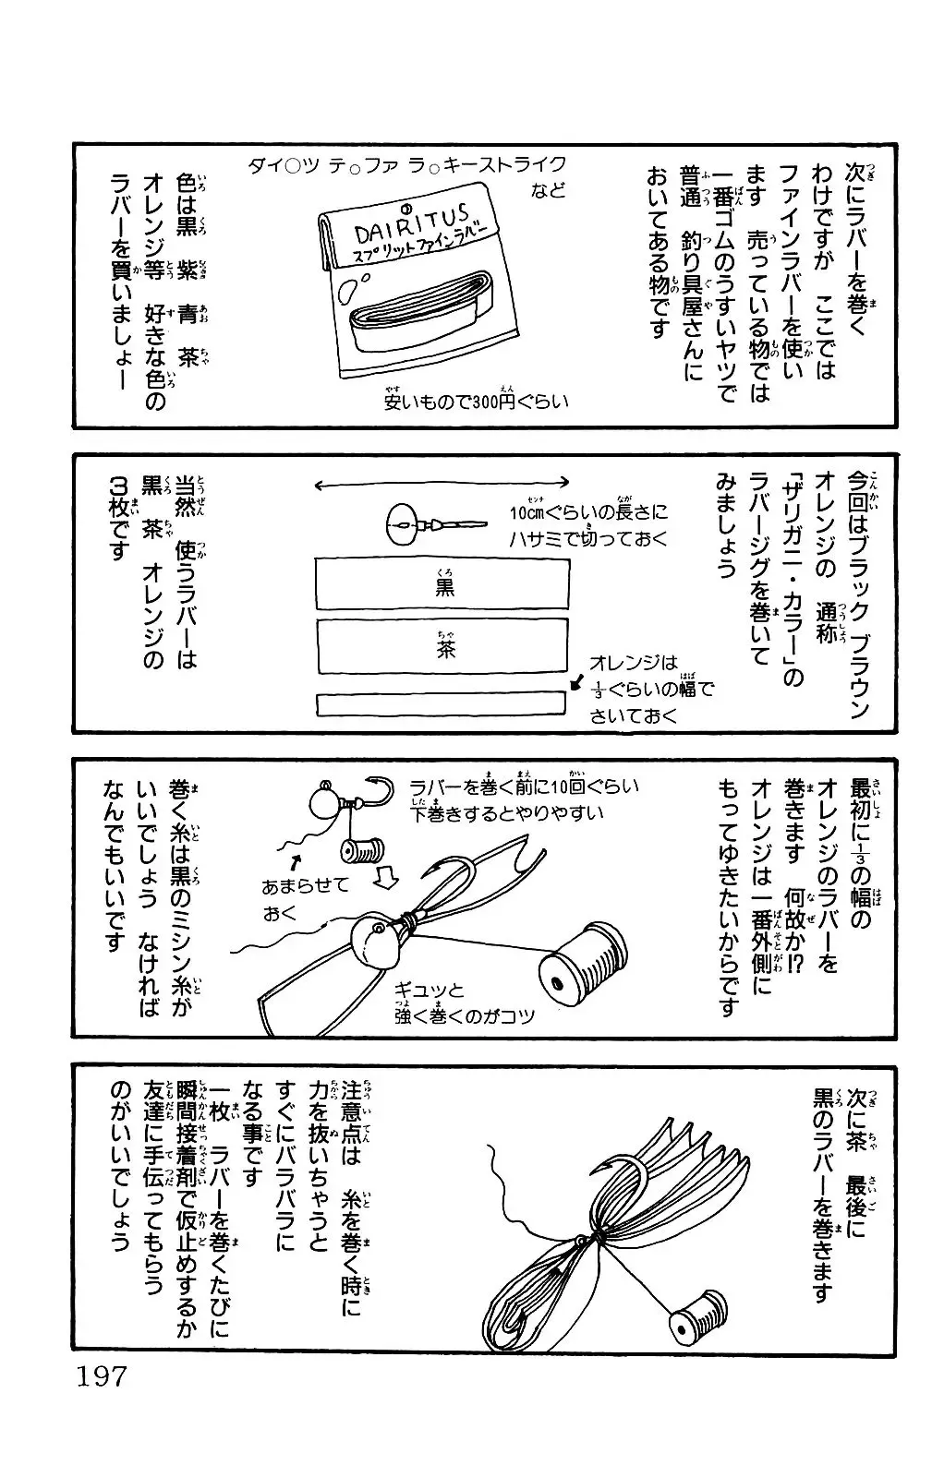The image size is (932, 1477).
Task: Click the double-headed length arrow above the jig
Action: pos(442,483)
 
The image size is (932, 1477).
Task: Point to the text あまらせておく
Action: pos(305,898)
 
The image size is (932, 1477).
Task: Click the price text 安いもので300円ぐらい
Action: pos(476,402)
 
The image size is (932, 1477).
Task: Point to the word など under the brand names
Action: pos(547,192)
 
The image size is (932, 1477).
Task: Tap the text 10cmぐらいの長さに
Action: pos(587,511)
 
